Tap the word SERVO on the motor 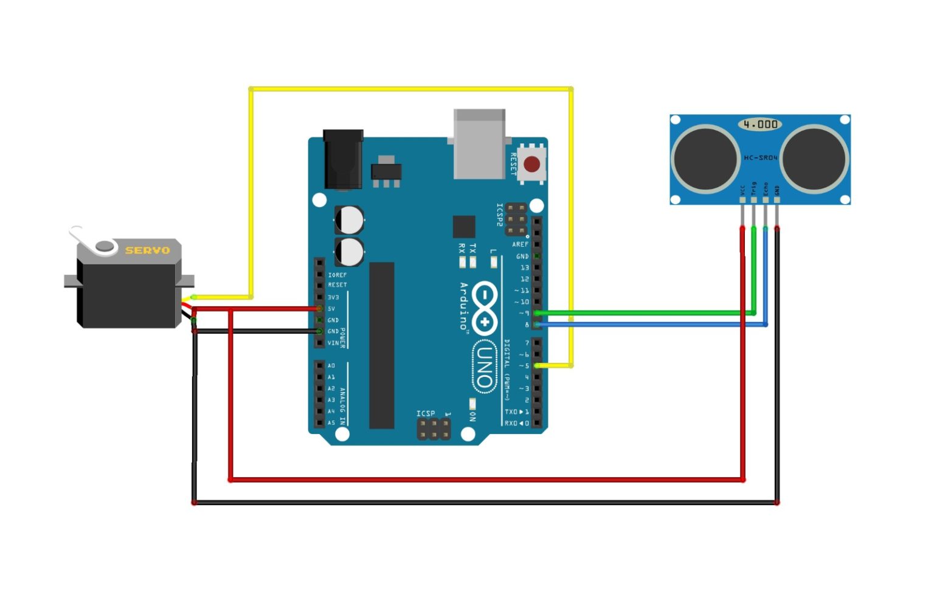point(147,250)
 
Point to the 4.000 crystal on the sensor point(760,125)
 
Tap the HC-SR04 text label point(760,158)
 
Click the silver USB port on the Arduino point(480,145)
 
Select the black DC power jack point(344,160)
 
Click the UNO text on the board point(484,365)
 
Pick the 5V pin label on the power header point(331,309)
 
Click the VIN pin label point(333,343)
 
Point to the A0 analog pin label point(331,366)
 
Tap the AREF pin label point(520,244)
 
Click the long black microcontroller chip point(382,345)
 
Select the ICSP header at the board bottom point(434,429)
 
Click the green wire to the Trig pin point(645,313)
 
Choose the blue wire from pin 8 point(645,325)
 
